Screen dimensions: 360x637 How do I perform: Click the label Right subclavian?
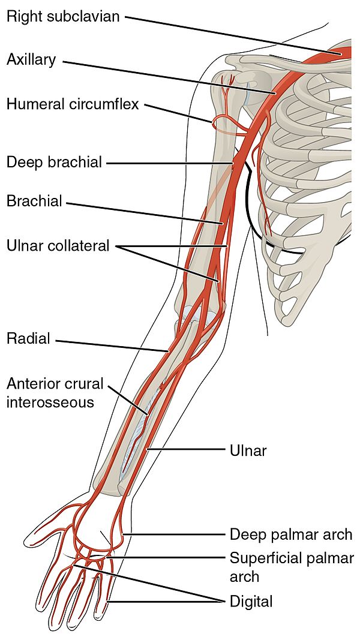[64, 17]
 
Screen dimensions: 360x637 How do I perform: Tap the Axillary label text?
[31, 60]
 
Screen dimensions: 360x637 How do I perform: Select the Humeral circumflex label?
[73, 104]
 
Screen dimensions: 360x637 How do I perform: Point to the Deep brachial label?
[54, 162]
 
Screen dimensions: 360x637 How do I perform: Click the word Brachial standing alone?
[35, 201]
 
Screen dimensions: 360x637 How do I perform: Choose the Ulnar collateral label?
[58, 246]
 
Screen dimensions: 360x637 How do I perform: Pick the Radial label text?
[28, 338]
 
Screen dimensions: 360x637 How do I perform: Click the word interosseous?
[50, 402]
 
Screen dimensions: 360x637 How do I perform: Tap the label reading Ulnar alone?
[248, 450]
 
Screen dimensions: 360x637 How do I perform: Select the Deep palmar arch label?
[291, 534]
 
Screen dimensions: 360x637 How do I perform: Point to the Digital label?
[251, 601]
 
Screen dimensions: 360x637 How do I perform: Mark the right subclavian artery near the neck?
[340, 53]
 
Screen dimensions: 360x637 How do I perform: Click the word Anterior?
[35, 383]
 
